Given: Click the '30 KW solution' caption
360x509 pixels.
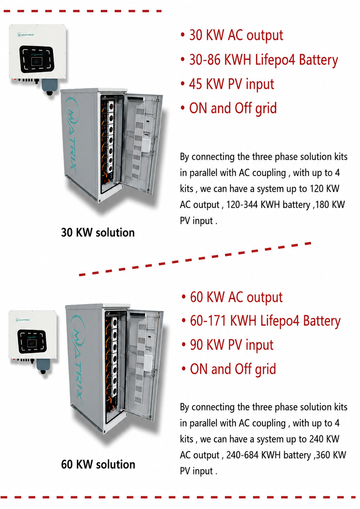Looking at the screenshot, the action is pyautogui.click(x=98, y=233).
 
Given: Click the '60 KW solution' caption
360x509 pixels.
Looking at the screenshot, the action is pyautogui.click(x=98, y=465).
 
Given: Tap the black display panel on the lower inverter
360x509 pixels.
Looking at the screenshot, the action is pyautogui.click(x=32, y=341).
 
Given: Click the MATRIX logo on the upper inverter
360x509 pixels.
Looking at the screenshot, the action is pyautogui.click(x=26, y=35).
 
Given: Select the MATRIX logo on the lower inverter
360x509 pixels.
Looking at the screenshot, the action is pyautogui.click(x=23, y=320).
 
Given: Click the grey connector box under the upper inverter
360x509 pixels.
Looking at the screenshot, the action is pyautogui.click(x=50, y=85).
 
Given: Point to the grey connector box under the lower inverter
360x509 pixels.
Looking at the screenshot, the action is pyautogui.click(x=43, y=365).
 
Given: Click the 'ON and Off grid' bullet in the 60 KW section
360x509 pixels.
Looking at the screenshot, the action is pyautogui.click(x=233, y=369).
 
